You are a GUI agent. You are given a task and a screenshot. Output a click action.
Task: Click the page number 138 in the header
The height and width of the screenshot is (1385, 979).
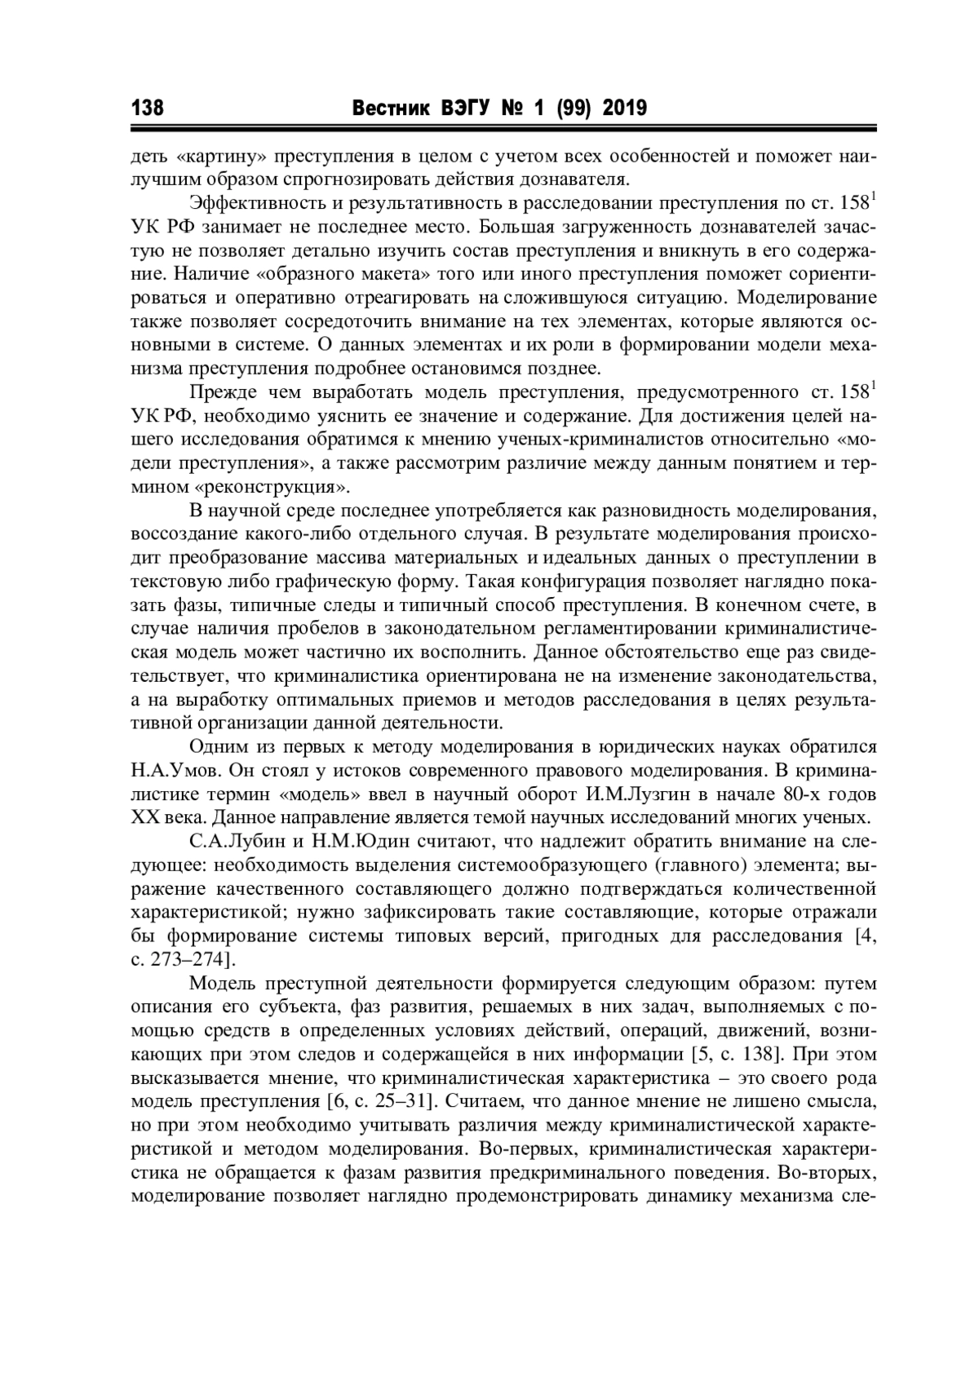click(148, 108)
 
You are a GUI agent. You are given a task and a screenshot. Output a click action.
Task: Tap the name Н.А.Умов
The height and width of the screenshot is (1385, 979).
click(175, 770)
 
